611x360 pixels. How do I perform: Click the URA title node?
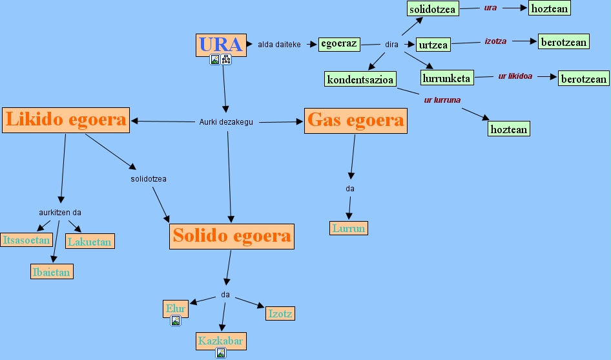221,45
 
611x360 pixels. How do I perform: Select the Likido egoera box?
66,120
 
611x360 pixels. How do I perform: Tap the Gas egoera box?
356,120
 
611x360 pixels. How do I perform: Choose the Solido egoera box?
232,236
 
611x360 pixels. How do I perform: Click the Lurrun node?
349,228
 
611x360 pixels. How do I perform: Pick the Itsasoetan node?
26,240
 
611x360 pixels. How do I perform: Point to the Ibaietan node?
52,272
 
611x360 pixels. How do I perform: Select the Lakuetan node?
90,242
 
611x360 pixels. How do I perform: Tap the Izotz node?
280,314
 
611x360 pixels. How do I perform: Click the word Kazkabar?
222,341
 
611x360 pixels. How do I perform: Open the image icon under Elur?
175,321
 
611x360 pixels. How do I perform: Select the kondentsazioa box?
360,79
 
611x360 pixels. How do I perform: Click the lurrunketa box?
447,78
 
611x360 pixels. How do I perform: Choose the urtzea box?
433,45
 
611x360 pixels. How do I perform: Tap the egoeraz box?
339,44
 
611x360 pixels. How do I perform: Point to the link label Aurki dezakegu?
226,122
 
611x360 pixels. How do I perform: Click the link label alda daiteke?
279,45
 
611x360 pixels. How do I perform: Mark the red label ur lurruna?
442,100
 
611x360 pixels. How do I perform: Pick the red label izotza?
495,41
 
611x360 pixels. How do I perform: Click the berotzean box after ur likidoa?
584,79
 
